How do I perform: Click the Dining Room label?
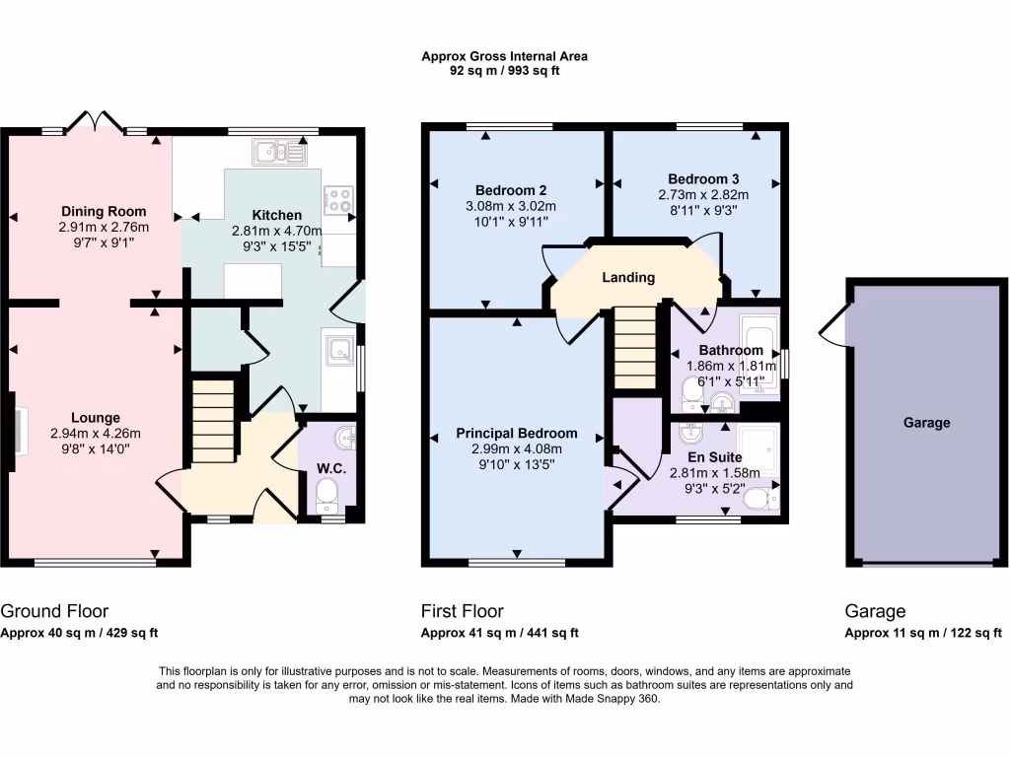point(104,211)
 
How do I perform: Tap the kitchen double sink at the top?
point(280,152)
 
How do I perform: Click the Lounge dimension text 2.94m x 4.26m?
point(96,434)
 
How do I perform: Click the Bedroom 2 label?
point(511,190)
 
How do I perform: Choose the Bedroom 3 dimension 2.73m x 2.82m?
point(703,194)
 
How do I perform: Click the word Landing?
point(628,278)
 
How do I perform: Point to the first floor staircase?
point(634,347)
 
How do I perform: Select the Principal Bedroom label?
point(516,433)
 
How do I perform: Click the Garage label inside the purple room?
point(926,423)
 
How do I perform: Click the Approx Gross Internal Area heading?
point(504,57)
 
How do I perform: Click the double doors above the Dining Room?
point(94,121)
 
